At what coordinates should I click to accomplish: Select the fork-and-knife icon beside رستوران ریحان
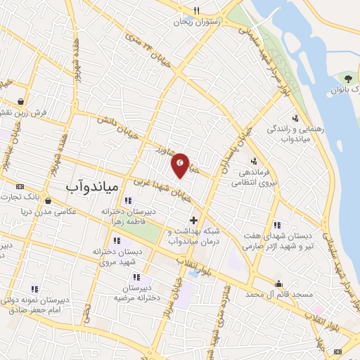(196, 11)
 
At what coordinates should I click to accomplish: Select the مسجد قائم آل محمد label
(280, 297)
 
